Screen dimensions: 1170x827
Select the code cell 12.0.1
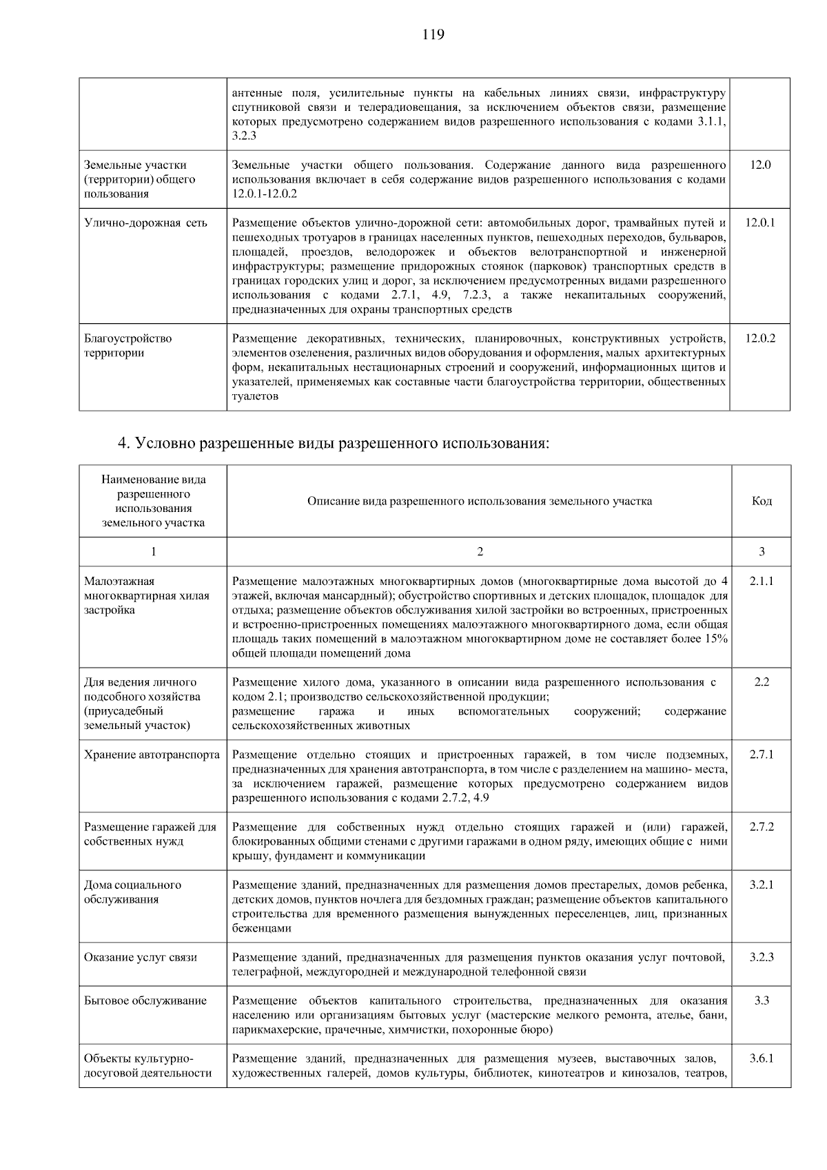tap(760, 223)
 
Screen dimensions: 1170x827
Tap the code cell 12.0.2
tap(760, 338)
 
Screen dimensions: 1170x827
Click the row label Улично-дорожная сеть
tap(145, 223)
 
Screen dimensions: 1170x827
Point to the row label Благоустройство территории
tap(128, 346)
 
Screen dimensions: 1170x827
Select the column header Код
tap(762, 501)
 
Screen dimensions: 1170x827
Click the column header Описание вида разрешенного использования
tap(479, 501)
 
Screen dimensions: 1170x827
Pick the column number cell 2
tap(480, 551)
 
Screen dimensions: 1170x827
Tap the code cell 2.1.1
tap(762, 581)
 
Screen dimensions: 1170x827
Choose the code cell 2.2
tap(762, 682)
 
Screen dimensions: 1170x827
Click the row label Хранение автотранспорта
tap(152, 755)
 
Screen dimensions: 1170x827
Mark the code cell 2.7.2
tap(762, 827)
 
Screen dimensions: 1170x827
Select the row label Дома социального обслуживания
tap(132, 892)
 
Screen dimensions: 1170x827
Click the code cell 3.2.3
tap(762, 957)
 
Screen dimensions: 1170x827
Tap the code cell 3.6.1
tap(762, 1058)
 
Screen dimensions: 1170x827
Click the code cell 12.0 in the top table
tap(760, 165)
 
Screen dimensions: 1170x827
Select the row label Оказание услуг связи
tap(141, 957)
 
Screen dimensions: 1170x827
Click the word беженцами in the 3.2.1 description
tap(262, 928)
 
